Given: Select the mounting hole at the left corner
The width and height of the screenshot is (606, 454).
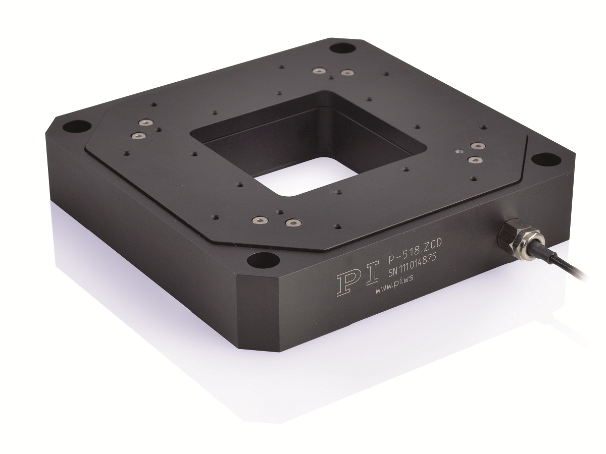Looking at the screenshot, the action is pos(77,127).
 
